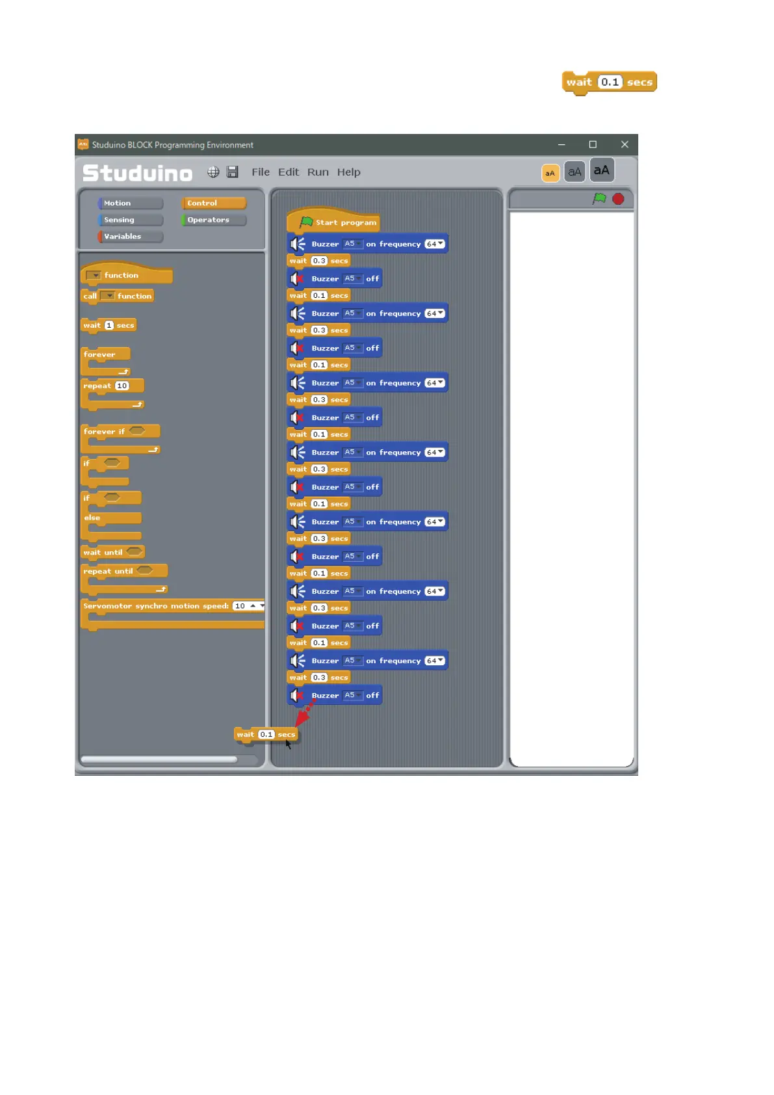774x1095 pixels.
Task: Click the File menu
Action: (x=260, y=172)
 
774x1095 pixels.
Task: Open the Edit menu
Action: (x=289, y=172)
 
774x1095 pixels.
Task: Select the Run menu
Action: (x=318, y=172)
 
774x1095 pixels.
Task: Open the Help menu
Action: (x=348, y=172)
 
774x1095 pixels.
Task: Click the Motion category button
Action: (x=129, y=204)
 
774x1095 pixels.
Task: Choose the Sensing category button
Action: (x=129, y=220)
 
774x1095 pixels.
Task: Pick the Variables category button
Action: (x=129, y=237)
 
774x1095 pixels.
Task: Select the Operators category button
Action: (x=214, y=220)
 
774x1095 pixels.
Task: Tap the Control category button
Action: (x=214, y=204)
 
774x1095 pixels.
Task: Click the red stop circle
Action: (x=618, y=199)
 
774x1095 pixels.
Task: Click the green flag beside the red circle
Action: (x=599, y=198)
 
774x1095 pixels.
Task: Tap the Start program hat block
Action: (x=338, y=222)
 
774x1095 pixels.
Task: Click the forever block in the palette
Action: (x=101, y=354)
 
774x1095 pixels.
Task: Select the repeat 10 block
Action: (x=99, y=386)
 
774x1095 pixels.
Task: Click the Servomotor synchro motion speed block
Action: (x=156, y=606)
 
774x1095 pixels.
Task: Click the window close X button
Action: (x=625, y=144)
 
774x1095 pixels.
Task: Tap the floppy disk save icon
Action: (x=232, y=172)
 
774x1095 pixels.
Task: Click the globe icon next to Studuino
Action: (x=213, y=172)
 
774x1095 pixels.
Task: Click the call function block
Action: (x=91, y=296)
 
